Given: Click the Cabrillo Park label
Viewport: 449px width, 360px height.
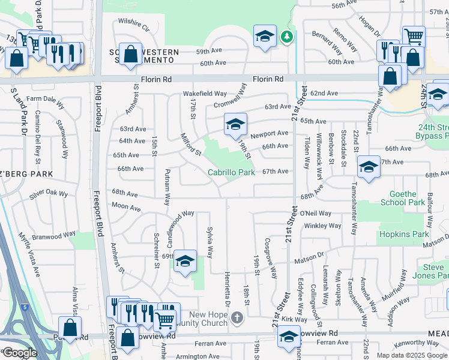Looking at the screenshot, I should coord(231,172).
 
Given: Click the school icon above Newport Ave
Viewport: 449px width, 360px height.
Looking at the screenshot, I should coord(235,124).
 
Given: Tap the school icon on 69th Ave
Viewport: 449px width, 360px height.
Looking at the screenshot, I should coord(185,260).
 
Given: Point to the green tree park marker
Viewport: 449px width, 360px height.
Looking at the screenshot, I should coord(288,37).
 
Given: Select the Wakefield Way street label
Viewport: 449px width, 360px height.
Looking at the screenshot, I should coord(205,94).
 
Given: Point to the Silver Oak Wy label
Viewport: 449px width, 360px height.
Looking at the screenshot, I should coord(49,195).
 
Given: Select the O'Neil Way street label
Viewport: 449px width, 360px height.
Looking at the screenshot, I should coord(316,213).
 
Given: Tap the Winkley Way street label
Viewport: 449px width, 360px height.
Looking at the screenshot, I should coord(323,226).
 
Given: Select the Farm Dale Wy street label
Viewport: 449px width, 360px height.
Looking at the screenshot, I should coord(45,98).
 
